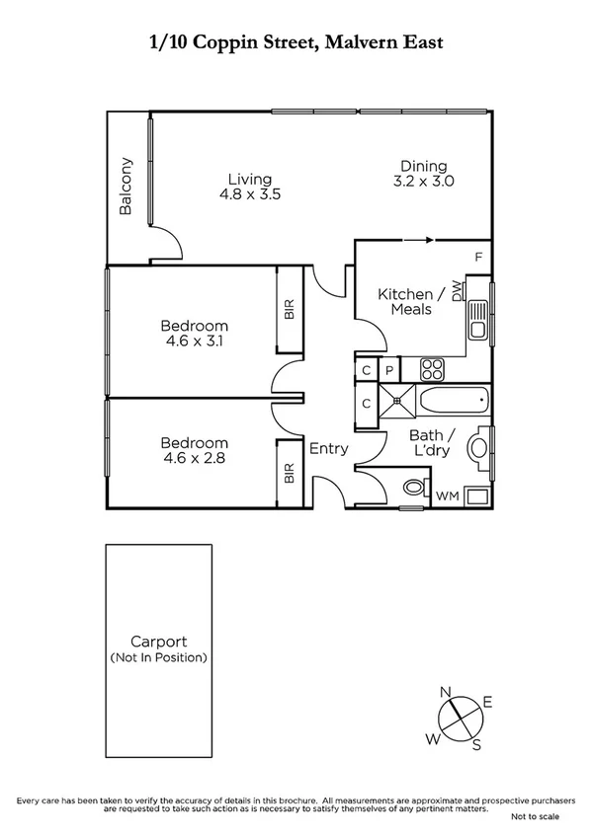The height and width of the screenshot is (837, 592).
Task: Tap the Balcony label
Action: (126, 186)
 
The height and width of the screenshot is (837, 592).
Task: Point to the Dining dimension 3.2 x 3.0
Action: (423, 182)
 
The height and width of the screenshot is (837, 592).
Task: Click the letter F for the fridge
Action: (478, 258)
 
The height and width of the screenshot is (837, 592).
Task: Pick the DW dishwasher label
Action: (457, 290)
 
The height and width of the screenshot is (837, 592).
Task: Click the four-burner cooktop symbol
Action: (433, 369)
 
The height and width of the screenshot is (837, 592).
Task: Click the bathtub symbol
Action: (453, 402)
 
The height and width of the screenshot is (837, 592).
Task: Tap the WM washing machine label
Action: (447, 495)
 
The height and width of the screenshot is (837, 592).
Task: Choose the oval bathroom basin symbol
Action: (479, 444)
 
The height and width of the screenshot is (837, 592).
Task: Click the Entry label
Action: (328, 448)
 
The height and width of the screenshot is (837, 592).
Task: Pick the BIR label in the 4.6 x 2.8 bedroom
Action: (290, 473)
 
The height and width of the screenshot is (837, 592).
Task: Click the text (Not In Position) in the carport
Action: (159, 656)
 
